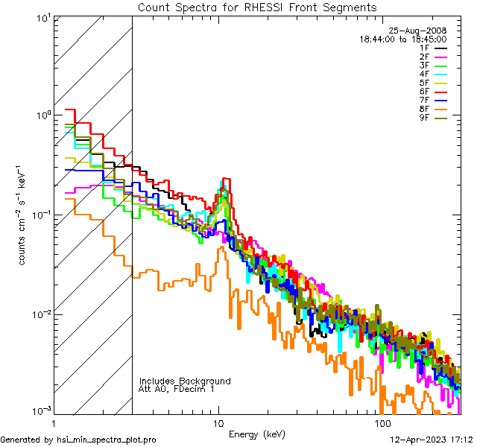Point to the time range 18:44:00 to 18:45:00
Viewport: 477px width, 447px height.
tap(403, 39)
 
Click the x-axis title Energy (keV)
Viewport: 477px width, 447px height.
tap(257, 434)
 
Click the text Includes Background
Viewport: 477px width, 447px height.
tap(185, 381)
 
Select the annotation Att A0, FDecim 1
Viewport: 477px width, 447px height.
tap(177, 389)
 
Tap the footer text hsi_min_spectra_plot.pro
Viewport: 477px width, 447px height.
tap(107, 440)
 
